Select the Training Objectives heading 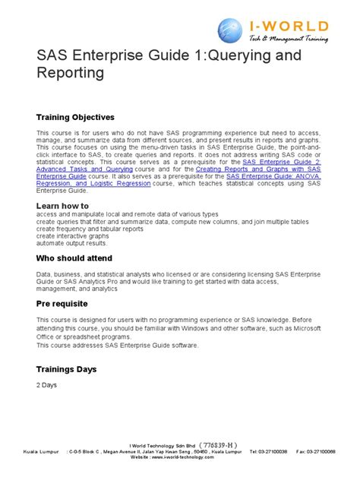click(x=75, y=118)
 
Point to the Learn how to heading click(x=63, y=206)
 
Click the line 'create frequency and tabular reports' click(x=90, y=229)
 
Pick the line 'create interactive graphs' click(x=71, y=236)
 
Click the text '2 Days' click(x=47, y=384)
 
